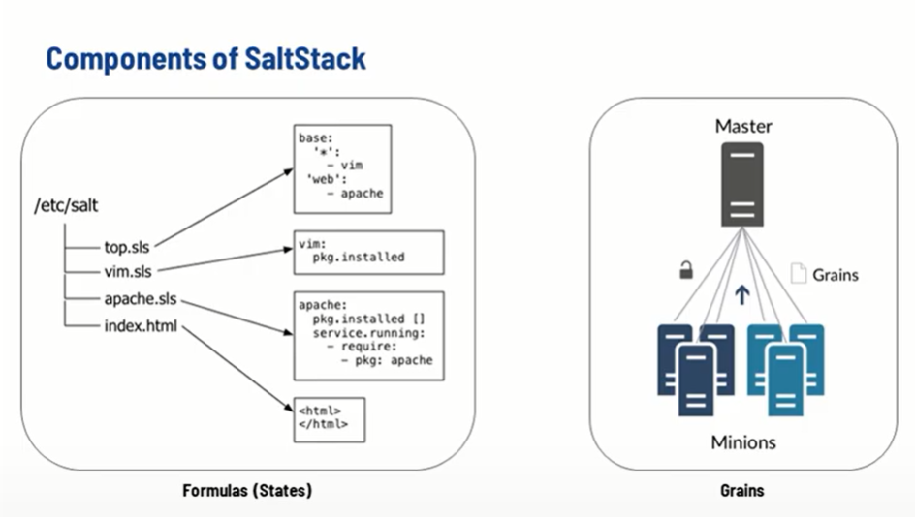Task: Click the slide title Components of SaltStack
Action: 205,58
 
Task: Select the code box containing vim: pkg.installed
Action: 367,252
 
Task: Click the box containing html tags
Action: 329,418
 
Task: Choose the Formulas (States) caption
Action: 247,491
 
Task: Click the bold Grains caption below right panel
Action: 742,491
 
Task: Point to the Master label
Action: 743,127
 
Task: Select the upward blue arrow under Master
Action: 742,294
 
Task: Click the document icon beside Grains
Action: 798,274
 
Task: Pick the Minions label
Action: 742,442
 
